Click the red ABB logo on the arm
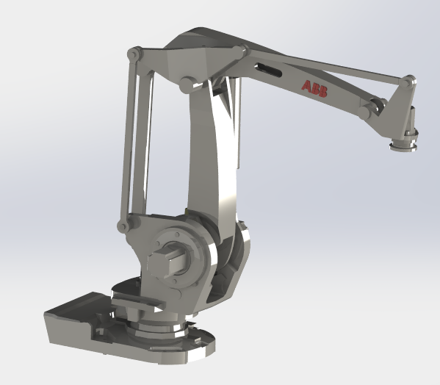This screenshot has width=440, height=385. point(315,86)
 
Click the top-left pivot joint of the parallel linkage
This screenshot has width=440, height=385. point(133,54)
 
